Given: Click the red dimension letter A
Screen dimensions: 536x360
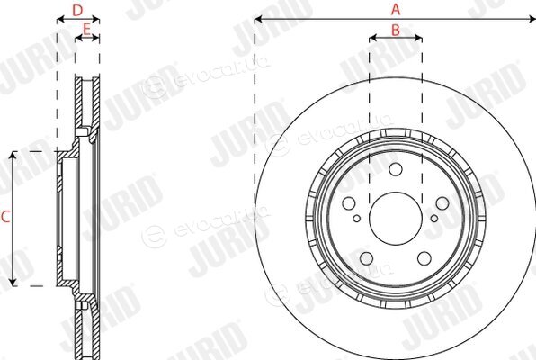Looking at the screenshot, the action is point(396,9).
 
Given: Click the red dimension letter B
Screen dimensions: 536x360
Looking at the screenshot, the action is point(396,30).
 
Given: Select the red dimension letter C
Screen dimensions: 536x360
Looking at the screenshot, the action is point(5,217).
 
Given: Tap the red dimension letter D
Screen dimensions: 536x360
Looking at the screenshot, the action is point(77,10).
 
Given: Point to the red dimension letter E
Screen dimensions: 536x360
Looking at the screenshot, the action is point(86,30).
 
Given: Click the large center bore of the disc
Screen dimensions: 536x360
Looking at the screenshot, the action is point(395,218).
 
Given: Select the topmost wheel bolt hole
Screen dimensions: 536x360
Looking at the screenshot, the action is point(396,169).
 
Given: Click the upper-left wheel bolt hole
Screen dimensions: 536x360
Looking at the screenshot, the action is point(349,203).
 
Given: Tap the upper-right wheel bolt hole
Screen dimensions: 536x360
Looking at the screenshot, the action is point(442,203).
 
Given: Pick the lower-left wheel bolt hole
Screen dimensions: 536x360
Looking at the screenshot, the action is point(366,258).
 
